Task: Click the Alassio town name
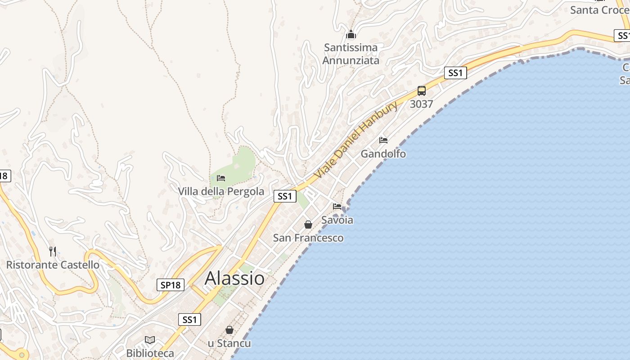[234, 278]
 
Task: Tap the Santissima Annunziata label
[351, 54]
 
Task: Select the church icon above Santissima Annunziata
[351, 34]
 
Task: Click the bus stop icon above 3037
[422, 90]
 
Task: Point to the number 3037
[422, 104]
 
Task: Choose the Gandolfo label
[383, 154]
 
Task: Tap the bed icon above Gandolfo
[383, 140]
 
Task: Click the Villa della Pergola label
[221, 191]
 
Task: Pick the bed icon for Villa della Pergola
[221, 178]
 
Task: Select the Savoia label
[337, 220]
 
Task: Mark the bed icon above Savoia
[337, 207]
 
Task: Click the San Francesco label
[308, 238]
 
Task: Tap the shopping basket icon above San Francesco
[308, 224]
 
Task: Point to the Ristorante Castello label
[53, 265]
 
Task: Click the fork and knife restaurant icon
[53, 251]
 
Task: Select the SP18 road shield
[171, 285]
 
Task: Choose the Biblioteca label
[150, 353]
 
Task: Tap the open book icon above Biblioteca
[150, 340]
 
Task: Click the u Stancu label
[229, 343]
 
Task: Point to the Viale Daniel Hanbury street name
[355, 140]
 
